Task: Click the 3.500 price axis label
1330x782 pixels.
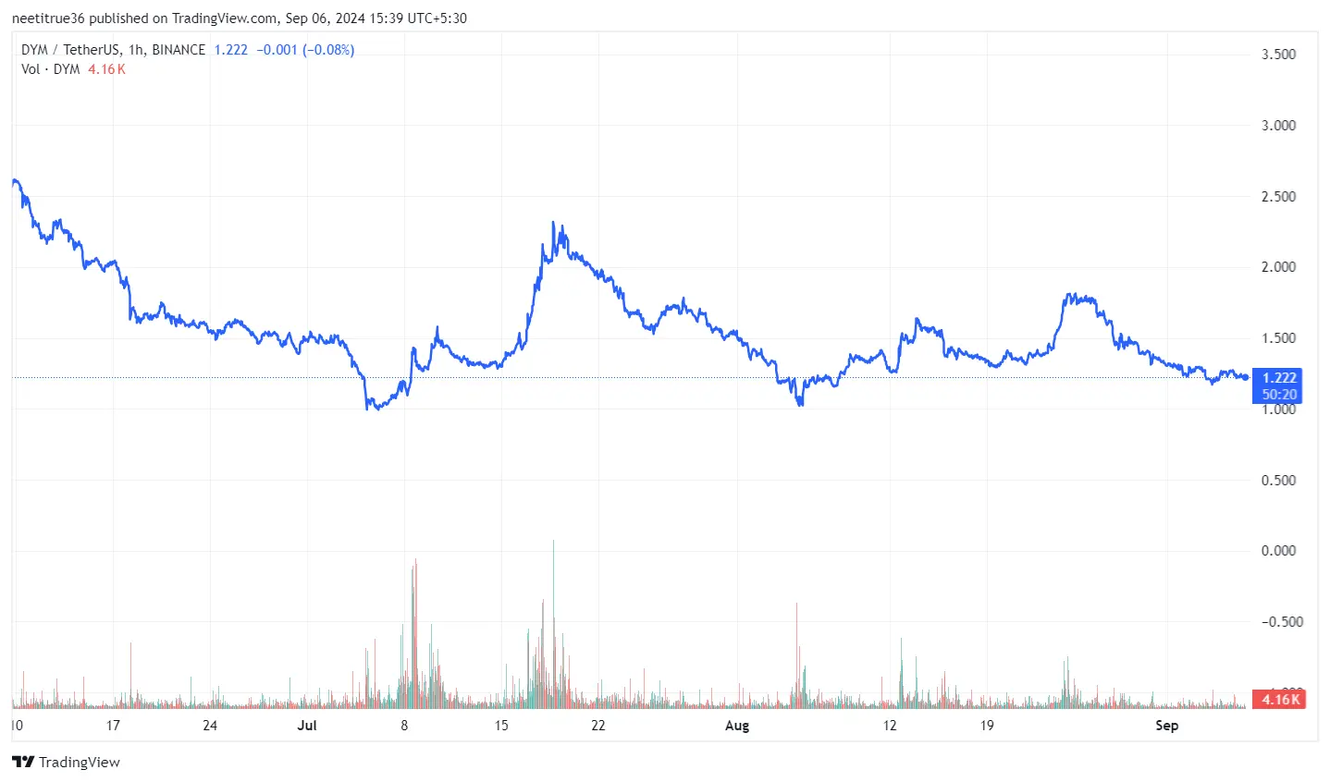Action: click(1278, 55)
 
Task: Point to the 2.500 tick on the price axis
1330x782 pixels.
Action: click(1278, 197)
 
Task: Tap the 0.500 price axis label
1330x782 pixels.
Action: click(1278, 481)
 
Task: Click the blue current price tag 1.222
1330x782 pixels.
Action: click(1279, 377)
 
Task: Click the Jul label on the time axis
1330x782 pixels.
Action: click(307, 726)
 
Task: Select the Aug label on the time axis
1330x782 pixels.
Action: click(737, 726)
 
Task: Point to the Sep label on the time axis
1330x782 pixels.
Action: click(1167, 726)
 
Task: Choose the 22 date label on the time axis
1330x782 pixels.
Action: click(598, 726)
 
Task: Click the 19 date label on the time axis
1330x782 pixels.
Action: click(987, 726)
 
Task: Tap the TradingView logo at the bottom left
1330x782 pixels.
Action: click(67, 763)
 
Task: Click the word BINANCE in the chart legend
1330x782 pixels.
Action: click(179, 50)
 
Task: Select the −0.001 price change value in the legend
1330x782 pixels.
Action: click(277, 50)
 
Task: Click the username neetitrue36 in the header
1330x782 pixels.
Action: click(48, 18)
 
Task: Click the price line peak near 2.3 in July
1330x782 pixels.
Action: click(553, 224)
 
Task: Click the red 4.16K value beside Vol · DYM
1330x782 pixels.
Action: click(106, 69)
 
